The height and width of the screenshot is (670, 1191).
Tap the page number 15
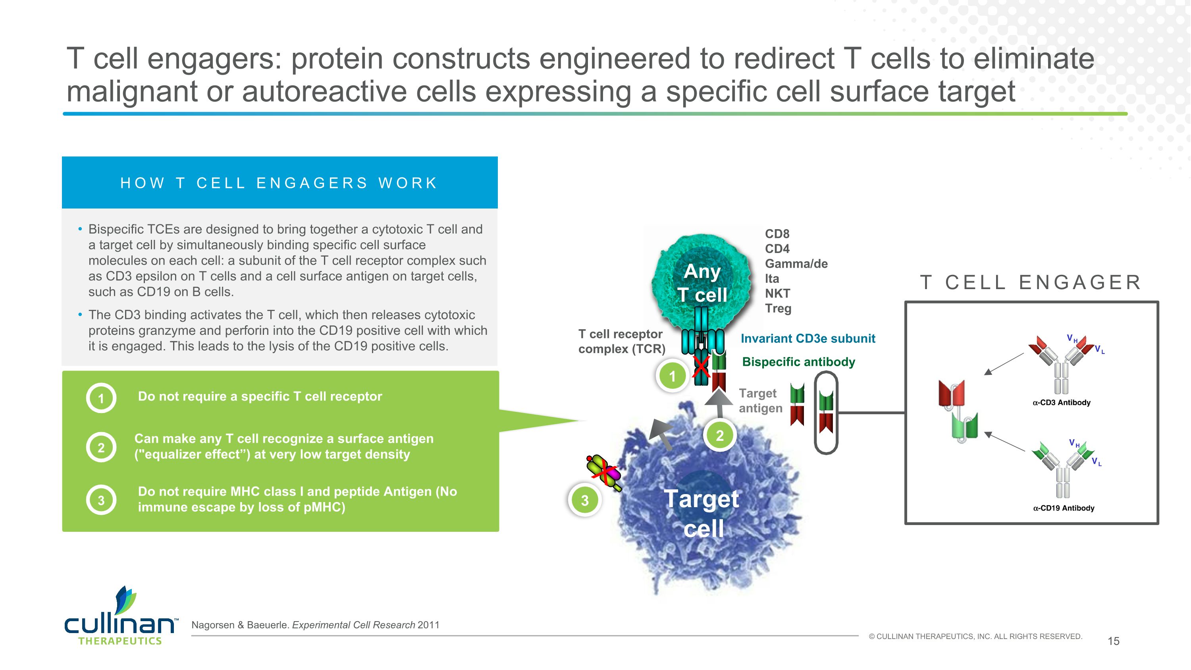pos(1113,641)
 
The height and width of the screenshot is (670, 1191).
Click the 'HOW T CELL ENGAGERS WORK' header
pos(279,183)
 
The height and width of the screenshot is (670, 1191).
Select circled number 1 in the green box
pos(101,398)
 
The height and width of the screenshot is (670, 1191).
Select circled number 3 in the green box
pos(101,500)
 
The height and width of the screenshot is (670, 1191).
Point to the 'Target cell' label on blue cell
pos(702,513)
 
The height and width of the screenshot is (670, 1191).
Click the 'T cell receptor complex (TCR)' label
pos(621,341)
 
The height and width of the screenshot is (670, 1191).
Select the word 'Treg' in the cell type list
pos(778,309)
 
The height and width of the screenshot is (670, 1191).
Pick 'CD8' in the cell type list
pos(777,234)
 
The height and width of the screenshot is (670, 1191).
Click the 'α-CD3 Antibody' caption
pos(1062,402)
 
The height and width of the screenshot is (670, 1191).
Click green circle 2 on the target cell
pos(719,436)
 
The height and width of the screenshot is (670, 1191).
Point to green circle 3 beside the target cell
pos(584,500)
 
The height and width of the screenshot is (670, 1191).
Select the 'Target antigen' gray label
pos(761,400)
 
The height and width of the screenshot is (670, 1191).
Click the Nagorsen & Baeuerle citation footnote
pos(315,625)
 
